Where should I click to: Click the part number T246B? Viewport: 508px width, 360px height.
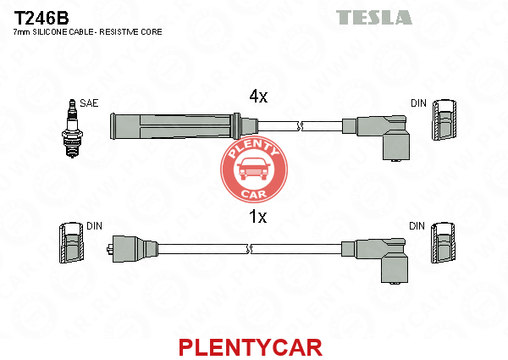pos(41,18)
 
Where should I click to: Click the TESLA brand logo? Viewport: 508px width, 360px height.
pos(374,17)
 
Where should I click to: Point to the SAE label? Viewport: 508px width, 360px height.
pos(89,103)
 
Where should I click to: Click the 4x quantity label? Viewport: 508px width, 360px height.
pos(258,96)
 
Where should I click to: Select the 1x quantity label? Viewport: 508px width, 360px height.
pos(258,217)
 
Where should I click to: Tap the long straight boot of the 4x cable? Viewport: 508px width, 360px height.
pos(175,126)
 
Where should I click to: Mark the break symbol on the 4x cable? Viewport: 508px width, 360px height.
pos(300,126)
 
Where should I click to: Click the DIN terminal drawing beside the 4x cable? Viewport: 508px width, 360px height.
pos(444,120)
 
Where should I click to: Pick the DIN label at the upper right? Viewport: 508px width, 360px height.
pos(418,103)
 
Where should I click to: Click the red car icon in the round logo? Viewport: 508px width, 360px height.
pos(254,169)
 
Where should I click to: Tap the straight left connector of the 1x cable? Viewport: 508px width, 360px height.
pos(133,249)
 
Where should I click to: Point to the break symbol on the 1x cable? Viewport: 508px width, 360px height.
pos(250,249)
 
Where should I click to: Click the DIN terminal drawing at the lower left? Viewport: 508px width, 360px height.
pos(71,242)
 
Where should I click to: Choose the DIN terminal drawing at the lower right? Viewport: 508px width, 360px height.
pos(443,242)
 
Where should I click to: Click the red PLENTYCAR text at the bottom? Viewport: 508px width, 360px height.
pos(251,347)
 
